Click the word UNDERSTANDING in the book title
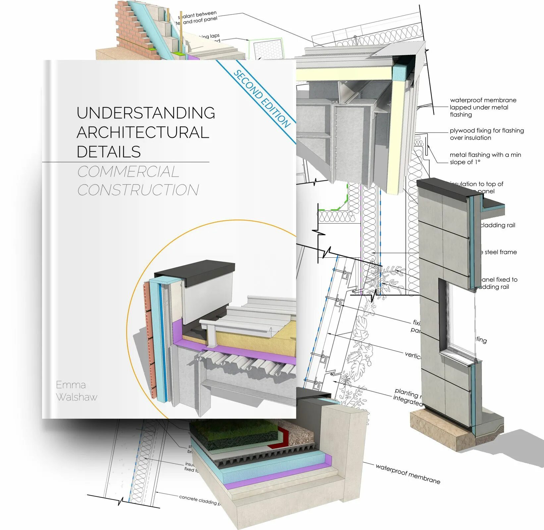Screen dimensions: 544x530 tap(146, 113)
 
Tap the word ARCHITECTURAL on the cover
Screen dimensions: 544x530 tap(143, 132)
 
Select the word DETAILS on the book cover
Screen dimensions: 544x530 tap(109, 152)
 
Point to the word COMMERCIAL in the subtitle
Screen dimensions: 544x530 tap(128, 172)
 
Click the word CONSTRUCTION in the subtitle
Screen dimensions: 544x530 tap(138, 190)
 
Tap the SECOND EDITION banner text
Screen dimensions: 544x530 tap(262, 99)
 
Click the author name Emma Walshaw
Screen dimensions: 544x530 tap(76, 391)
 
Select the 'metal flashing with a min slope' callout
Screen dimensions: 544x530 tap(485, 158)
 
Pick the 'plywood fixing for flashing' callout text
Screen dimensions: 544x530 tap(486, 134)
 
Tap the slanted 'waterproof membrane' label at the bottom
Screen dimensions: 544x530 tap(408, 473)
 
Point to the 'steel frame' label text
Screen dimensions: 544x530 tap(500, 252)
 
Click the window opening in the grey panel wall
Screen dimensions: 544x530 tap(461, 316)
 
